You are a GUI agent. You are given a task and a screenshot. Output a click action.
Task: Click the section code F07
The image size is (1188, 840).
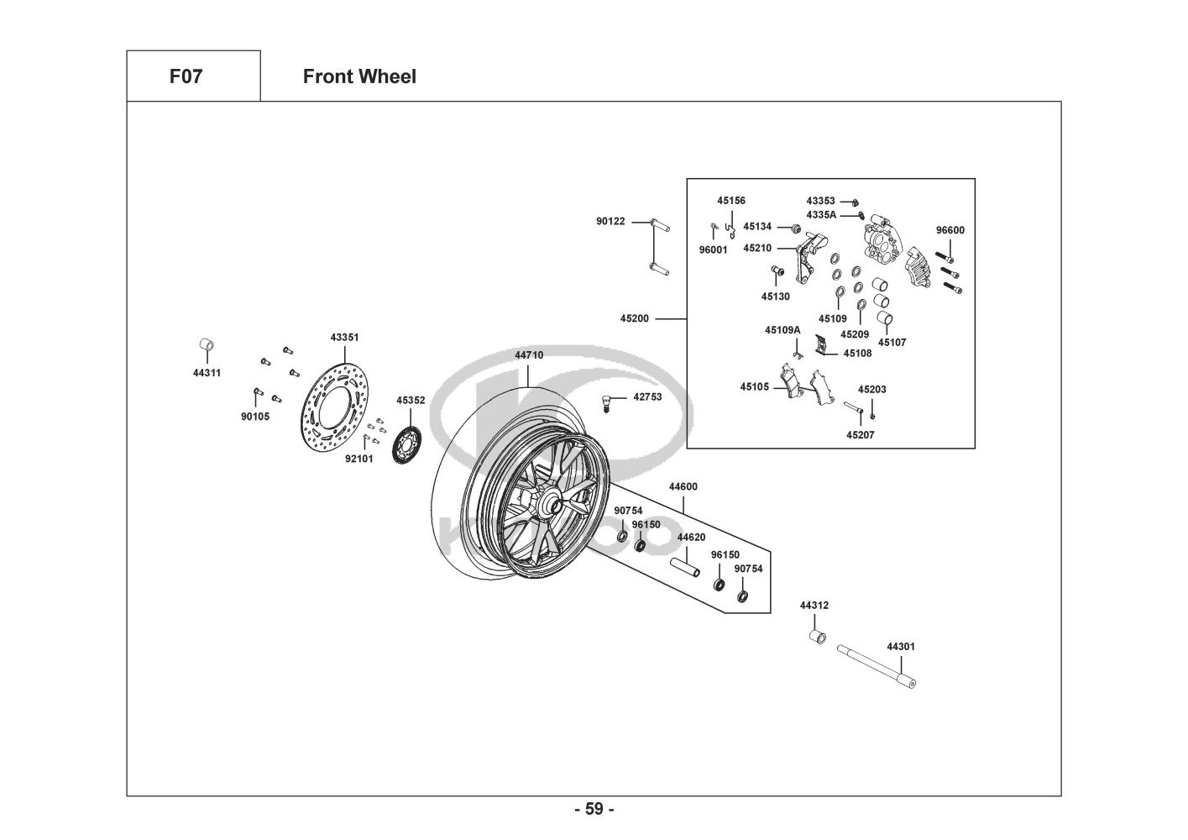pos(186,76)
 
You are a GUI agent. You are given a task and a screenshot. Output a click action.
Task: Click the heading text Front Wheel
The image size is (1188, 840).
pos(359,76)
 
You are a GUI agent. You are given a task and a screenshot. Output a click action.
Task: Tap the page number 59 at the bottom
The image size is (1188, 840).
pos(594,809)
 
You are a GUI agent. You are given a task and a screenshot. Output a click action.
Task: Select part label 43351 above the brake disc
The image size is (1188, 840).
pos(344,337)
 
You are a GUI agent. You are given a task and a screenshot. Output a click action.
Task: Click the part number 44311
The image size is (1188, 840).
pos(207,373)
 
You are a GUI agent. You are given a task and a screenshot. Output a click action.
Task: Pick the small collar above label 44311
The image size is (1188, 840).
pos(206,346)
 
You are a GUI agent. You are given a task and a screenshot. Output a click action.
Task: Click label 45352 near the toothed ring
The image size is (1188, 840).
pos(411,401)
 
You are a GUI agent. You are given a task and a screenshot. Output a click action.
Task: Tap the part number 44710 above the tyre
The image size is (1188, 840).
pos(529,355)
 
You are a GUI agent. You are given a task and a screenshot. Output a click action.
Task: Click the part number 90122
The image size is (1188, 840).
pos(610,222)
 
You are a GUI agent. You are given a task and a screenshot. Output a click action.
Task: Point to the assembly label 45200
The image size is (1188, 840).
pos(635,319)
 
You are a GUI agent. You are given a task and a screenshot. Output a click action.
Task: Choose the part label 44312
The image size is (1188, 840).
pos(814,605)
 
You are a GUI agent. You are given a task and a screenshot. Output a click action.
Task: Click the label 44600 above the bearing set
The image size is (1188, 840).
pos(683,486)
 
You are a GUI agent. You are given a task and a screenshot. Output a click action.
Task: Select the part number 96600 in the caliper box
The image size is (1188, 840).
pos(950,230)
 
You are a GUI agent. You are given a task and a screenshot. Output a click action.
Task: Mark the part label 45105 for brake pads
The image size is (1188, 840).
pos(754,386)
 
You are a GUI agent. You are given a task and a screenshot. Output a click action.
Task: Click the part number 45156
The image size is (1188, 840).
pos(730,201)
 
